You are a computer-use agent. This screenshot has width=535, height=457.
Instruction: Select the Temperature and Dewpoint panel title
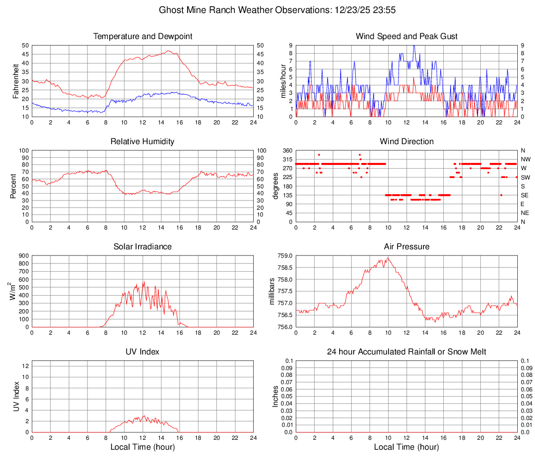143,36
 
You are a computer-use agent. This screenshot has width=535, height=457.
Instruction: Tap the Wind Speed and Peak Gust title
406,36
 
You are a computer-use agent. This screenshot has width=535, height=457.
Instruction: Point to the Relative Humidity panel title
143,142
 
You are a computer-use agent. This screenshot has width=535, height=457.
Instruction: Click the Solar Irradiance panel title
143,246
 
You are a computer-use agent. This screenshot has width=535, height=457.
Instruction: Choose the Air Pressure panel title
406,246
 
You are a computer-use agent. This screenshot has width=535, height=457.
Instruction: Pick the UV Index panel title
143,352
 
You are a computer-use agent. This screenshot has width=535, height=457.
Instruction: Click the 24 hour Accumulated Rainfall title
406,352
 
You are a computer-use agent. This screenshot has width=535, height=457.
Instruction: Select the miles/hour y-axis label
277,81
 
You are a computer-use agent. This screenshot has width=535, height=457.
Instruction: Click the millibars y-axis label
272,291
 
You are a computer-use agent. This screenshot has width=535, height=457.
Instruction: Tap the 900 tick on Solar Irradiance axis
23,256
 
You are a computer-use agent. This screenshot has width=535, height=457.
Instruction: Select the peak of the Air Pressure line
388,258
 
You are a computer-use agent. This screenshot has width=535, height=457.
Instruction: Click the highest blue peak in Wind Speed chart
414,46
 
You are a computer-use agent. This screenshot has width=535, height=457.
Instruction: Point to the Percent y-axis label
13,186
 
